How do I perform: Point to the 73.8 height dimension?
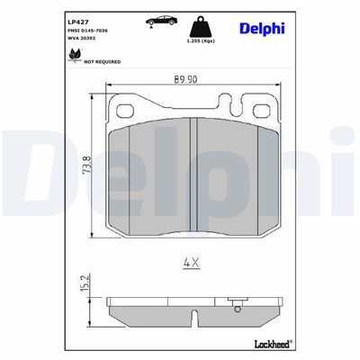click(86, 169)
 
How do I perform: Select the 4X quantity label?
click(190, 264)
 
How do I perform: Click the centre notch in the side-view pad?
click(195, 316)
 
